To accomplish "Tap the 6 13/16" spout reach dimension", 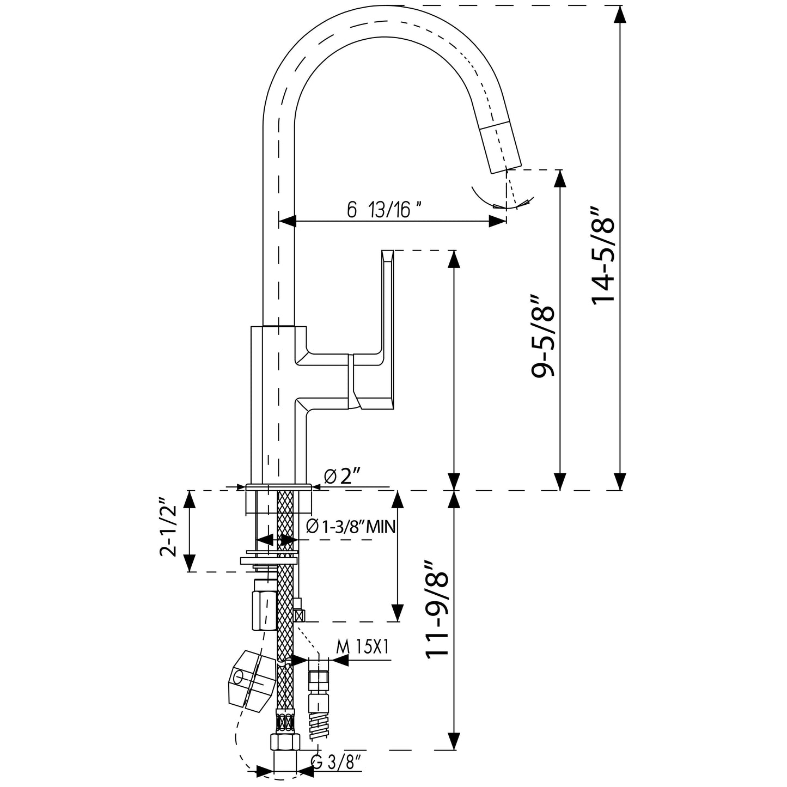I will (x=385, y=210).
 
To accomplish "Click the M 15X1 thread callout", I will (x=362, y=646).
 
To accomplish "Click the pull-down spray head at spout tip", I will (x=502, y=148).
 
